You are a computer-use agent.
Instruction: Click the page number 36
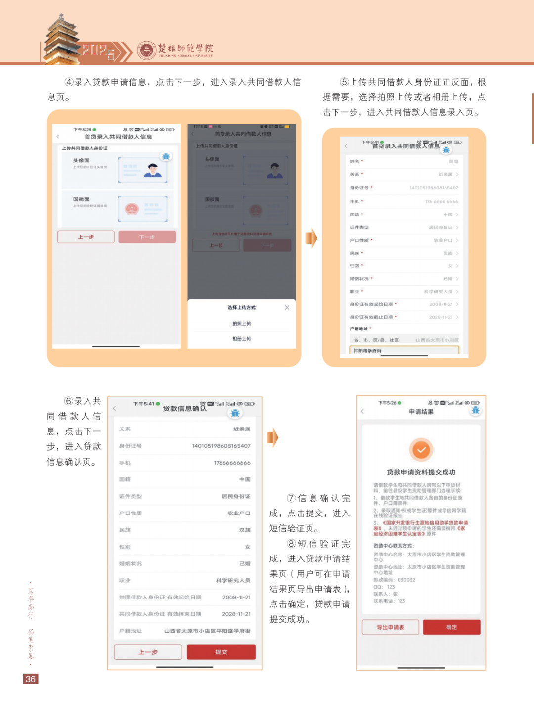click(x=31, y=679)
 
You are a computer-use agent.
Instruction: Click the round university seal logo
click(x=147, y=50)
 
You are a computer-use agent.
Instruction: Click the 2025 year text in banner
click(x=98, y=51)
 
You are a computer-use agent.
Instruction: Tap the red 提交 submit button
click(x=221, y=652)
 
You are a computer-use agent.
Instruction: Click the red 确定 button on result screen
click(x=451, y=627)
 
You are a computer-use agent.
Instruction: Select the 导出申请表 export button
click(x=391, y=627)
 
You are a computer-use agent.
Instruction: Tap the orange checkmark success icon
click(x=421, y=450)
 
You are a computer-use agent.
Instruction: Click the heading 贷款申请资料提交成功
click(x=421, y=472)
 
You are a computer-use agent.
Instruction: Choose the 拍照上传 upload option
click(x=242, y=323)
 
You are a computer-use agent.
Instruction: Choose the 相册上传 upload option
click(x=242, y=339)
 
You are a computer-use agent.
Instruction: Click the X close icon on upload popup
click(x=287, y=307)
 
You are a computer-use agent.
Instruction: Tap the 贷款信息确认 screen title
click(x=184, y=409)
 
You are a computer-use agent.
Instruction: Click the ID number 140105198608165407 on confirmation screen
click(x=221, y=446)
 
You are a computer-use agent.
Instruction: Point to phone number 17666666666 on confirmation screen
click(x=232, y=463)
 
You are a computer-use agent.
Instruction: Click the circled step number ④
click(x=69, y=82)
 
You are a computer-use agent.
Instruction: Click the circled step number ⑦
click(x=291, y=498)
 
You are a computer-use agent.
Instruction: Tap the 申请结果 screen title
click(x=421, y=412)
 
